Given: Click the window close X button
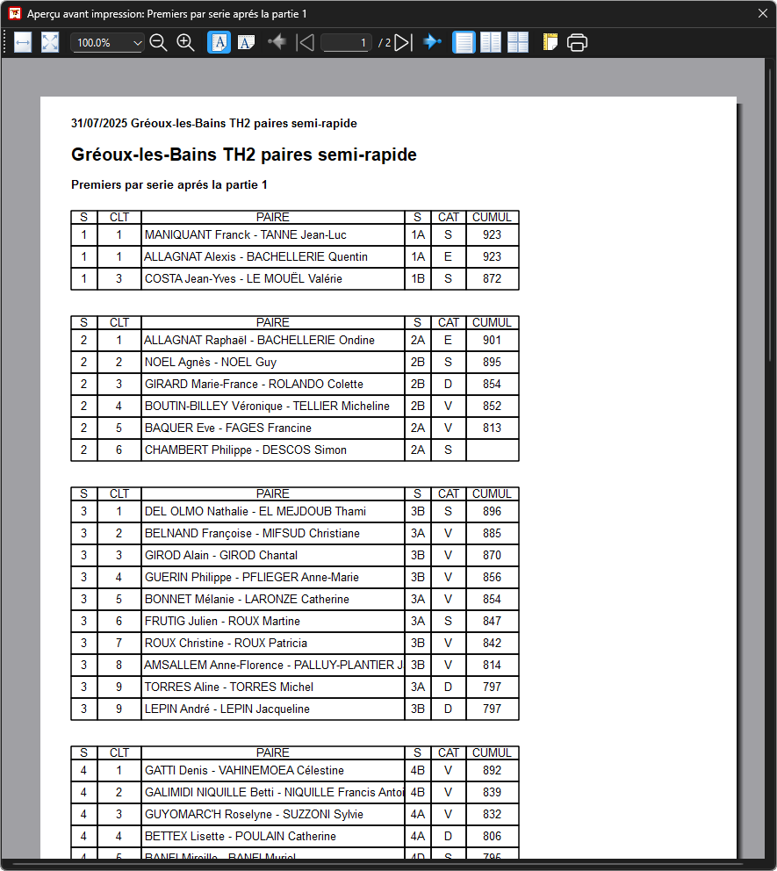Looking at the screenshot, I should (x=762, y=13).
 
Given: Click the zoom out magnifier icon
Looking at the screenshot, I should (x=158, y=42).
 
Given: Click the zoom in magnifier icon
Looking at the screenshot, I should (x=185, y=42).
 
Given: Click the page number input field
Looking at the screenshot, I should (x=346, y=42).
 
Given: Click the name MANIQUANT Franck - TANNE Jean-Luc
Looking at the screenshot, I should (x=245, y=235).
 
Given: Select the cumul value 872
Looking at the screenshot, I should (x=492, y=279).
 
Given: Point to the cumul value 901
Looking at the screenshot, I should (x=492, y=341).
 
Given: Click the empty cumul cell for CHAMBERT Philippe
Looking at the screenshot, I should (x=492, y=450).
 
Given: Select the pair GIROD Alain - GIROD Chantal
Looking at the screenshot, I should (x=221, y=556).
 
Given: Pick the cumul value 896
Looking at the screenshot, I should (x=492, y=512).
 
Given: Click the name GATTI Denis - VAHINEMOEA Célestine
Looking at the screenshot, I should (x=244, y=771).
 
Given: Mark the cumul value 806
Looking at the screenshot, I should (x=492, y=837).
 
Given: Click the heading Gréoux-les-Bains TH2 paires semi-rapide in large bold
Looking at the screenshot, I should (x=243, y=155).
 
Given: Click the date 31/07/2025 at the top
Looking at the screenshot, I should (x=99, y=124).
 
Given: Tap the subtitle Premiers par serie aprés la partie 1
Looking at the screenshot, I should (x=169, y=185).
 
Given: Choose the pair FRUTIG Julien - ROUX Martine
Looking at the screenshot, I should (x=222, y=622).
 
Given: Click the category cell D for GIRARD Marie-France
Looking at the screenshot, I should (x=448, y=385).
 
